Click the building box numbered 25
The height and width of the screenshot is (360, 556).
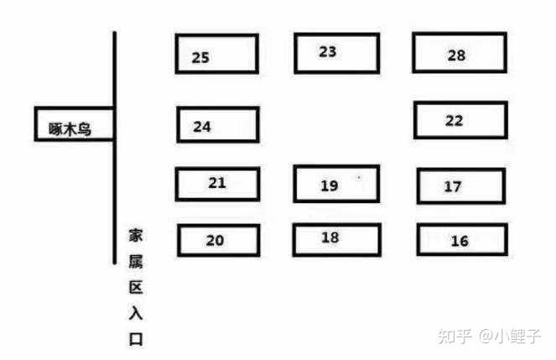216,54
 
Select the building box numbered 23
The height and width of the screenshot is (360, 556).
335,52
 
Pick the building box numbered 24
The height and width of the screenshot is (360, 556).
217,125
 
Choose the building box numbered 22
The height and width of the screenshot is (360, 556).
460,120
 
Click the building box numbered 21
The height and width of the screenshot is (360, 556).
217,183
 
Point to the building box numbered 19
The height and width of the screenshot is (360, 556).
335,184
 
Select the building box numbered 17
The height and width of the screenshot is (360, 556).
460,185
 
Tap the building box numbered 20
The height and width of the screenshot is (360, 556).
217,240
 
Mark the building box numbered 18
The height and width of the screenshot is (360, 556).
335,238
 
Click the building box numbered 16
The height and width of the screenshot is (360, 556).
461,240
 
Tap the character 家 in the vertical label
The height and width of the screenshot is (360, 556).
136,234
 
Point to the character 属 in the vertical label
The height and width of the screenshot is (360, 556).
136,261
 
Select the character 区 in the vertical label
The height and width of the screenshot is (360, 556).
136,287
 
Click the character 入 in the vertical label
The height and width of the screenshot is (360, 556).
136,313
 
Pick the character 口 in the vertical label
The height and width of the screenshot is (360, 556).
136,339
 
